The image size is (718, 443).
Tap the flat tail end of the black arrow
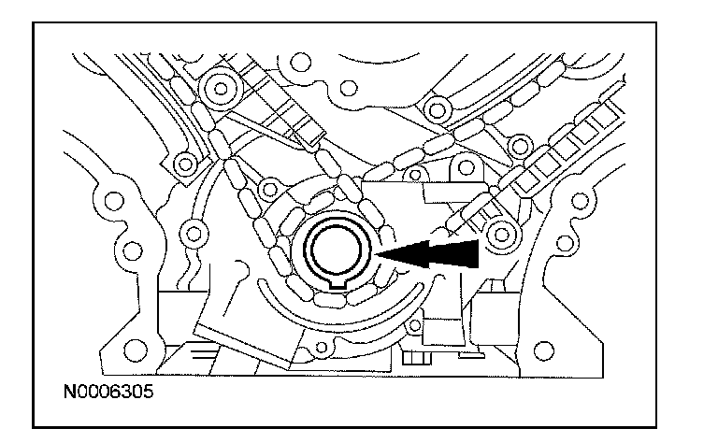pyautogui.click(x=477, y=250)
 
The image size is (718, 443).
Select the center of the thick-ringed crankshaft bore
pyautogui.click(x=334, y=250)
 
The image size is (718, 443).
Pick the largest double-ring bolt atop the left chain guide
pyautogui.click(x=222, y=91)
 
